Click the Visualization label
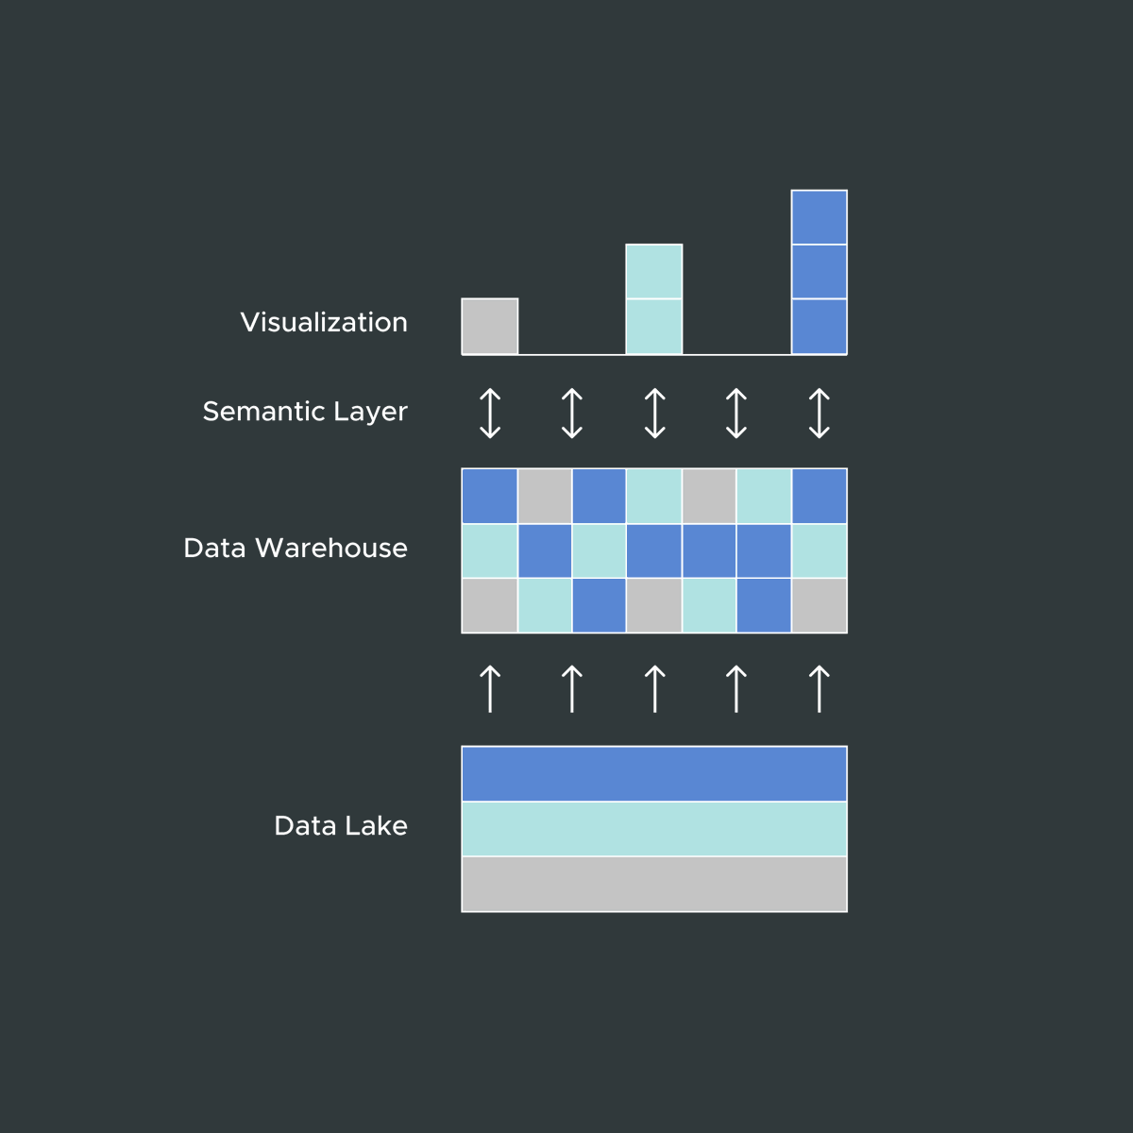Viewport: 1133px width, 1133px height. tap(324, 323)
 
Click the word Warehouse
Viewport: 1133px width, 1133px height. tap(330, 548)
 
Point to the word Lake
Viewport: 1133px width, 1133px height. tap(376, 826)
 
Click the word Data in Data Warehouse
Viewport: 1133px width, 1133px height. tap(214, 548)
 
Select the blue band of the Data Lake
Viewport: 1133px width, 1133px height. tap(654, 774)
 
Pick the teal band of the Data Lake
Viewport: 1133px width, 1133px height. tap(654, 829)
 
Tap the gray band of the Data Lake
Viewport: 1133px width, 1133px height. tap(654, 884)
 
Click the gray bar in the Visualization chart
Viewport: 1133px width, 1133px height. tap(490, 327)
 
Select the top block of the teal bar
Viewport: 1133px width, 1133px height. tap(654, 272)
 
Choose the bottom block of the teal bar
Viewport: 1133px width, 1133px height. tap(654, 327)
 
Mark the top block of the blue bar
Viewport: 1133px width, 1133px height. tap(819, 218)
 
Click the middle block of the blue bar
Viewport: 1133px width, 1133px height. tap(819, 272)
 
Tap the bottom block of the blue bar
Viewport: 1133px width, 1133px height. tap(819, 327)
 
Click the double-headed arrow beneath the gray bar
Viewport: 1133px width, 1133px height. tap(490, 414)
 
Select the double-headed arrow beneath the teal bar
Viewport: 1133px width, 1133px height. tap(654, 414)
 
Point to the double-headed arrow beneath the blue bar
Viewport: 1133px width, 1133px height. tap(819, 414)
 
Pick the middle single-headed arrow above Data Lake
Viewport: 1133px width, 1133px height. tap(654, 688)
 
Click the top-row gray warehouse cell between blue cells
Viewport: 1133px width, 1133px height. tap(545, 497)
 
